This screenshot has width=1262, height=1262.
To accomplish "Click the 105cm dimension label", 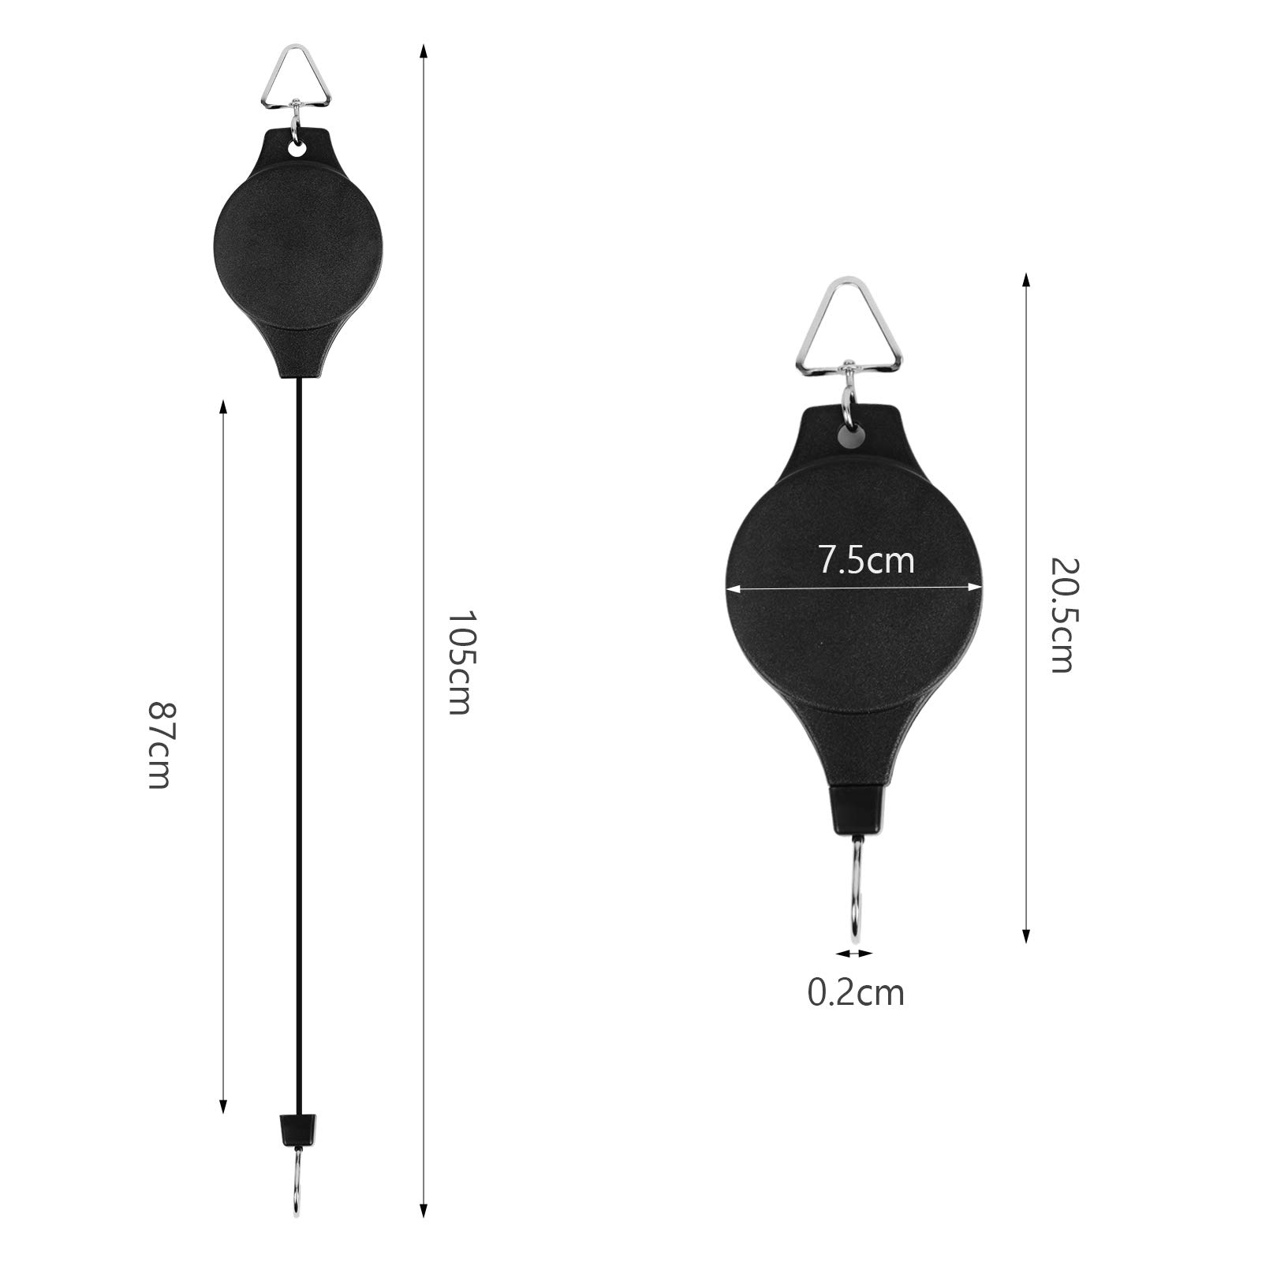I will click(458, 662).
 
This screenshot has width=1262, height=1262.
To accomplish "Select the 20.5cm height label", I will click(1062, 614).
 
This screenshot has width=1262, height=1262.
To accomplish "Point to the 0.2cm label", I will click(855, 992).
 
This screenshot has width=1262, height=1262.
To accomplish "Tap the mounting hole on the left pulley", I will click(298, 148).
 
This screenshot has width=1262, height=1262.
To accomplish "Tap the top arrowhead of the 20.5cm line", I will click(1025, 279).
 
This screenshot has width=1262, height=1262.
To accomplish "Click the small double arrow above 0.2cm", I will click(855, 954).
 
